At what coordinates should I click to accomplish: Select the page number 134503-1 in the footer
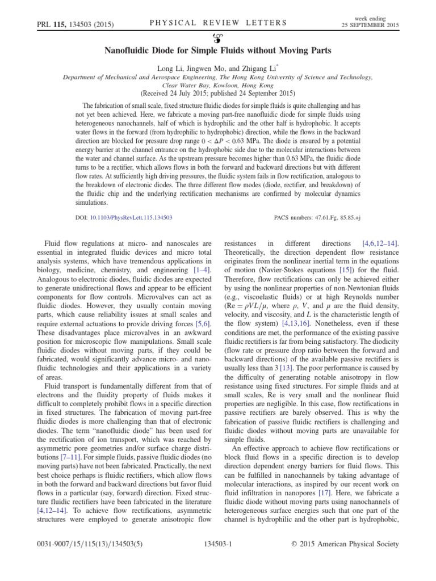point(219,544)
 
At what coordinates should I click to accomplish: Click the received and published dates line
point(218,94)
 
